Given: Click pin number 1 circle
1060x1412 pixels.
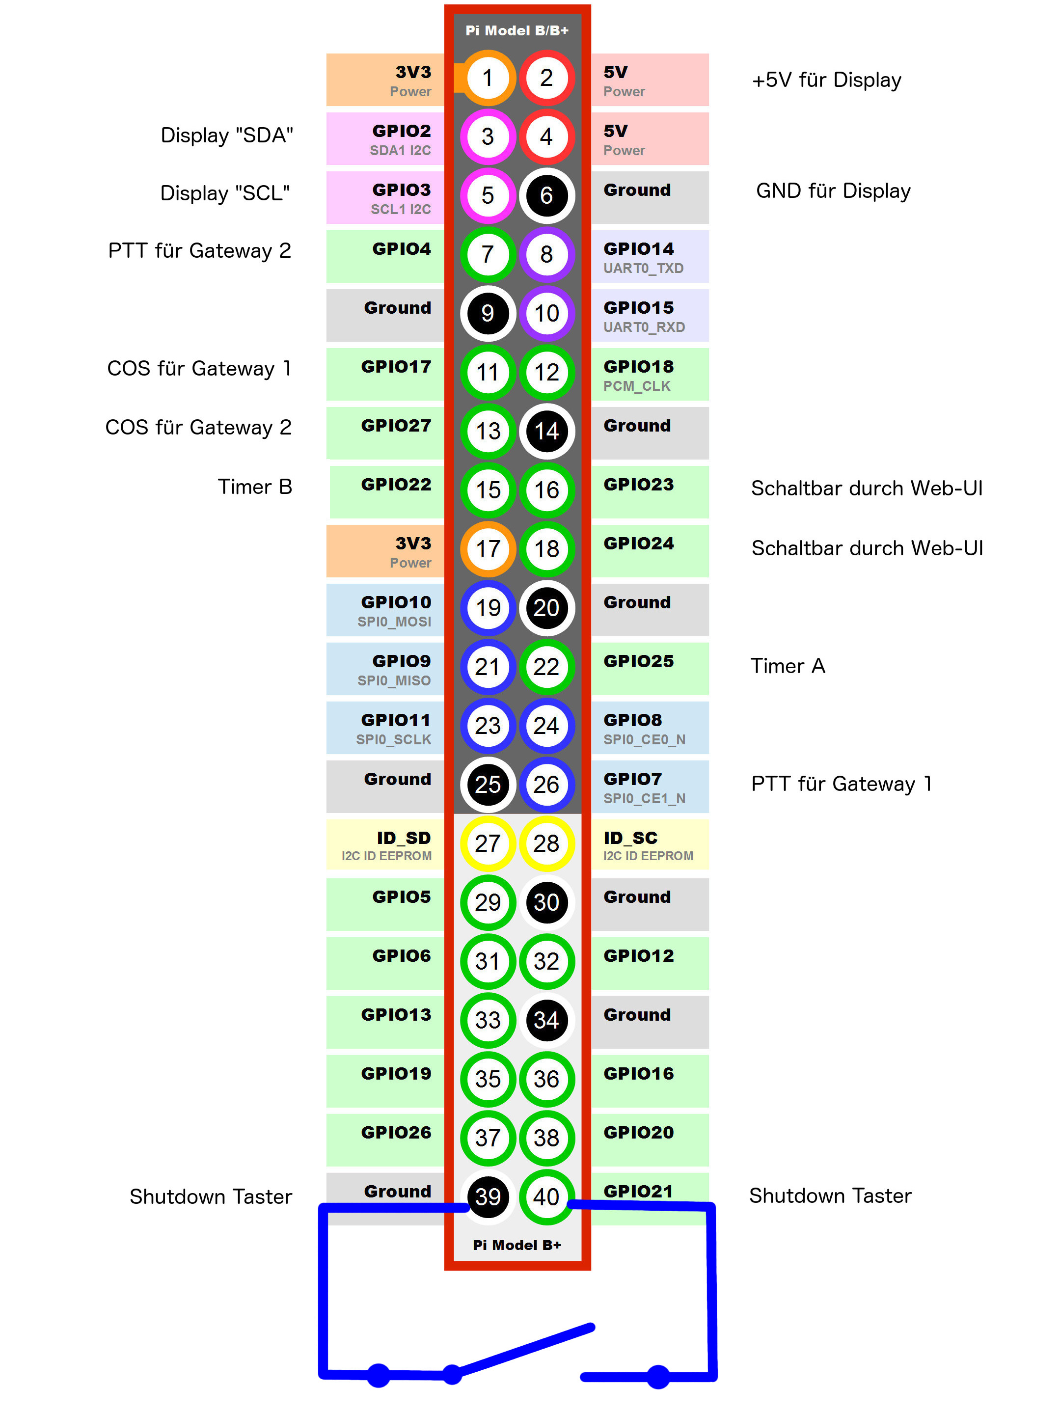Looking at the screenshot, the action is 488,78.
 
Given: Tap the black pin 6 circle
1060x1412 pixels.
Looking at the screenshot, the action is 547,195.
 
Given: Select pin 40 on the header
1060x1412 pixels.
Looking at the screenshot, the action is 547,1197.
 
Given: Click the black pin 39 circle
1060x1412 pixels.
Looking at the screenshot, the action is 488,1197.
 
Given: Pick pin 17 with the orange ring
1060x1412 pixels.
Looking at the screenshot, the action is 488,549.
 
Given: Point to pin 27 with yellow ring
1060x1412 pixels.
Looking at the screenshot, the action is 488,843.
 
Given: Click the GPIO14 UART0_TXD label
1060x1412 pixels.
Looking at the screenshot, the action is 650,257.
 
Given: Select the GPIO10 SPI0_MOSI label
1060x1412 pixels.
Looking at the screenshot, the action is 385,610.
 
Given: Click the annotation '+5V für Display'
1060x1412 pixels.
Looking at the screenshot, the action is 826,80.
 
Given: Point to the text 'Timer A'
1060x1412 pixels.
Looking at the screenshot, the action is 788,666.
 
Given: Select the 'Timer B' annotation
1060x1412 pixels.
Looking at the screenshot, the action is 255,487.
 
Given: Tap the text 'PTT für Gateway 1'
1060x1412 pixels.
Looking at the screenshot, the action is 841,784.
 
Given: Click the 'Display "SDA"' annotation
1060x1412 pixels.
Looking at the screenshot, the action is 227,136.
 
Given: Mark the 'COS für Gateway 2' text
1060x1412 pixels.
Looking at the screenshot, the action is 198,427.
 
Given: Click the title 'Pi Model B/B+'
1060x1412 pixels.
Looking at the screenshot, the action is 517,30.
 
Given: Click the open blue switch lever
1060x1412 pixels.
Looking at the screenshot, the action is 522,1350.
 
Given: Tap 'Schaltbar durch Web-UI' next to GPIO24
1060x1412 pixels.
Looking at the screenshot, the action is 867,548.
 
